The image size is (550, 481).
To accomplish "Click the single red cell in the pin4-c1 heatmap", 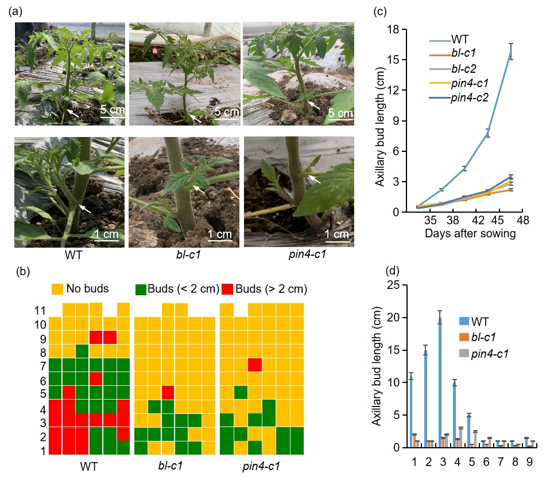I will (255, 365).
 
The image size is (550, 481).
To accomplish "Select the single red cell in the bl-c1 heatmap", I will (168, 392).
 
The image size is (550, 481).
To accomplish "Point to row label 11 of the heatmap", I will (40, 310).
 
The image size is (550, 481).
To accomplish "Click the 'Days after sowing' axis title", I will (470, 233).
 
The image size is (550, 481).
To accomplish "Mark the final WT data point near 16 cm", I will (511, 52).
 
